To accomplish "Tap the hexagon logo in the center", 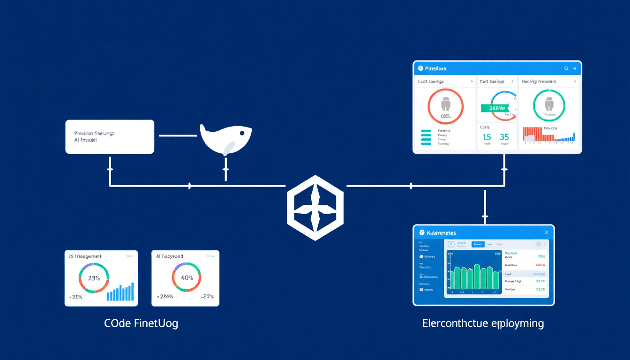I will click(x=315, y=208).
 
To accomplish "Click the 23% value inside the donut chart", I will click(x=94, y=278).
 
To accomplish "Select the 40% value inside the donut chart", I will click(x=187, y=277).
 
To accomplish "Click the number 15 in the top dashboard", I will click(x=487, y=137).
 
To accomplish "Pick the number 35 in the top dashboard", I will click(x=504, y=137).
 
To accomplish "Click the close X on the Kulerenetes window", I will click(x=546, y=232).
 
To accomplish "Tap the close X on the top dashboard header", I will click(x=575, y=68).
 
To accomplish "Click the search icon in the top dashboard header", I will click(x=566, y=68).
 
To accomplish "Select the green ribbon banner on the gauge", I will click(x=494, y=108).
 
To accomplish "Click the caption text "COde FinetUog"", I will click(x=141, y=323).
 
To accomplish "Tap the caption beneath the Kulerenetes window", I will click(x=483, y=323).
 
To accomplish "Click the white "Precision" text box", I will click(x=110, y=136).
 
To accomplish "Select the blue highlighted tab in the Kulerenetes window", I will click(x=478, y=244).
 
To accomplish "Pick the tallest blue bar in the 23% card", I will click(x=132, y=291).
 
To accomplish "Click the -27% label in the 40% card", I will click(x=207, y=296).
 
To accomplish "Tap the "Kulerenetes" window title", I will click(x=441, y=232).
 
